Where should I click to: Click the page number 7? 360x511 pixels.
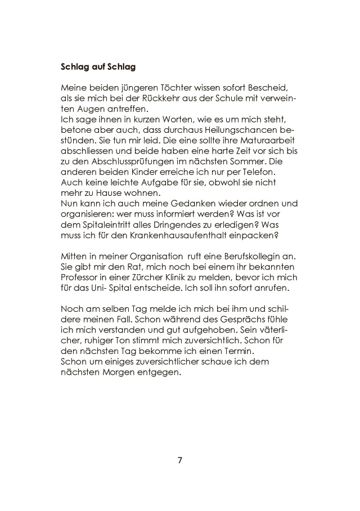click(x=180, y=460)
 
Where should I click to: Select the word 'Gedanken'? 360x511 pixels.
click(x=170, y=203)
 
